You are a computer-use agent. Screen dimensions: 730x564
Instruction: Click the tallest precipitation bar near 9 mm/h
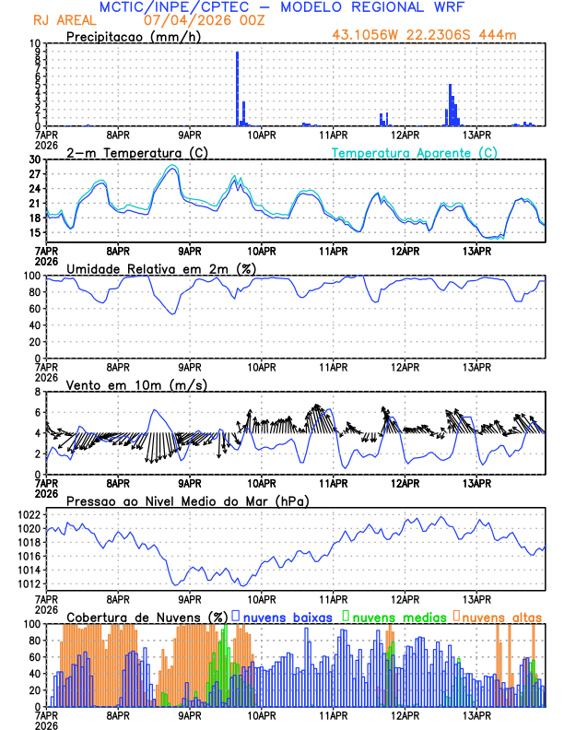click(x=238, y=88)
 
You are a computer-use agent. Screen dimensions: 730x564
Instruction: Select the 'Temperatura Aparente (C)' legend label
click(x=414, y=152)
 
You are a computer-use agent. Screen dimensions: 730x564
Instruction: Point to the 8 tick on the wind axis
click(x=39, y=391)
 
